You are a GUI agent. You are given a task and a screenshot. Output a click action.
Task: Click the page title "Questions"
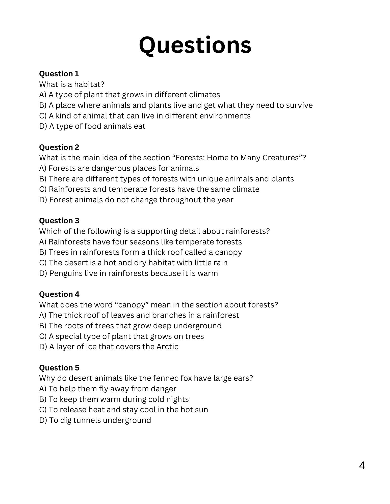pos(195,45)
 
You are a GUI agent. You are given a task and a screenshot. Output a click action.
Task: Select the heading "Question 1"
pos(59,74)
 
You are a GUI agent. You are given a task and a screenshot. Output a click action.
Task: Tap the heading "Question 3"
pos(59,221)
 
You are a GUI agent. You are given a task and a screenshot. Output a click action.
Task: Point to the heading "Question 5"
pos(59,368)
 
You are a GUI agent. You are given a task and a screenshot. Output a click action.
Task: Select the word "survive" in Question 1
pos(299,105)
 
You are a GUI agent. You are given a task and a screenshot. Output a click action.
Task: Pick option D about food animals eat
pos(92,126)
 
